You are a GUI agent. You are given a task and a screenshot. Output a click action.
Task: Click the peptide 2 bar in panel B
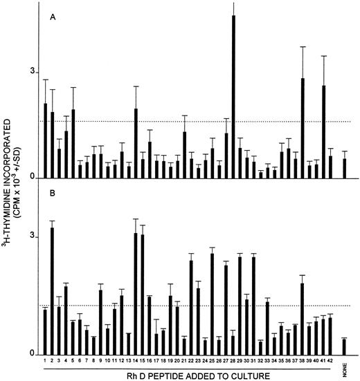pyautogui.click(x=53, y=291)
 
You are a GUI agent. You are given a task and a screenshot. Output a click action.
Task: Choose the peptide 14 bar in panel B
pyautogui.click(x=136, y=294)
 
